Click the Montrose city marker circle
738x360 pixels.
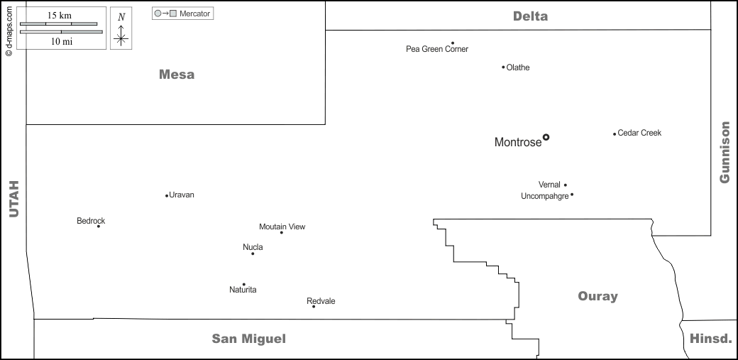pos(546,137)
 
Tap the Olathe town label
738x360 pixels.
pos(518,67)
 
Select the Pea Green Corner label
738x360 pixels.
pos(437,49)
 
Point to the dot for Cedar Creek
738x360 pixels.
pos(615,133)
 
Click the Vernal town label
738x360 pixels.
pos(549,185)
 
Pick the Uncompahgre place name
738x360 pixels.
pos(544,196)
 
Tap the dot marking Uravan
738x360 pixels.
pos(167,195)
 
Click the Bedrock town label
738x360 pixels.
pos(91,221)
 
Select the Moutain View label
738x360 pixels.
pos(282,227)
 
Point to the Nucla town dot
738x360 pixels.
pos(253,253)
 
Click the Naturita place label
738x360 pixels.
pos(243,290)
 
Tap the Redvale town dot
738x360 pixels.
pos(314,306)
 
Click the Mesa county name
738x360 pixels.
pos(177,75)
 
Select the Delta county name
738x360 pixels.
pos(530,16)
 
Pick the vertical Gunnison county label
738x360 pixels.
pos(725,152)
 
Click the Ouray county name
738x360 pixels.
pos(597,296)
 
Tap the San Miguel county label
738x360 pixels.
pos(249,339)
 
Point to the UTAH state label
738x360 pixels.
pos(13,198)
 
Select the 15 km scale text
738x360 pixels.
pos(59,15)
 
